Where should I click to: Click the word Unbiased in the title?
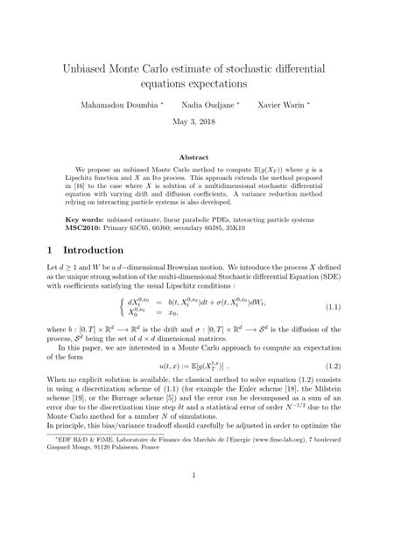click(89, 66)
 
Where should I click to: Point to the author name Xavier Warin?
click(309, 102)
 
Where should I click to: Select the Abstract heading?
click(207, 157)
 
